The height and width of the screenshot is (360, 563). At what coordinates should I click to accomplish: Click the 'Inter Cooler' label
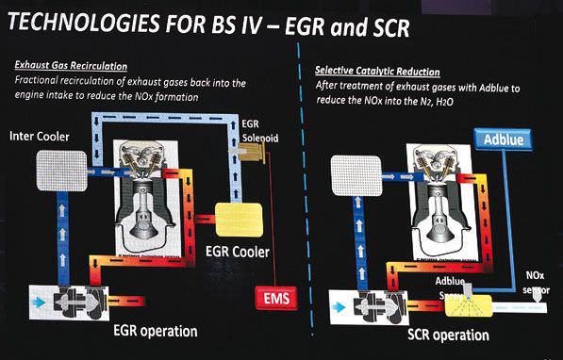point(45,137)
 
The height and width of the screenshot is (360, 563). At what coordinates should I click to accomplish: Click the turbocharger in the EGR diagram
point(67,299)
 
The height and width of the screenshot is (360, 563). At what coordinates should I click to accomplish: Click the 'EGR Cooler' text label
point(237,253)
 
